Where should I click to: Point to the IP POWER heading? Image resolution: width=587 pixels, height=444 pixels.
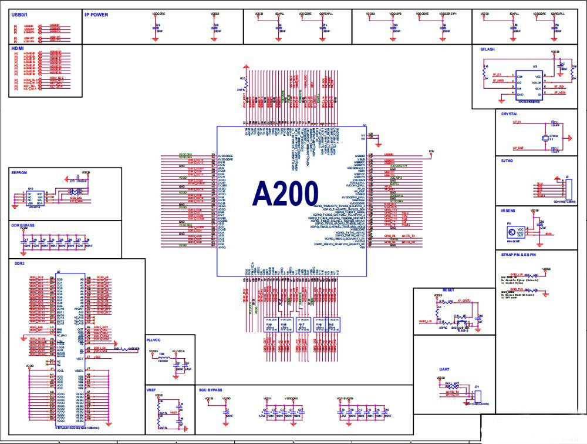[x=96, y=15]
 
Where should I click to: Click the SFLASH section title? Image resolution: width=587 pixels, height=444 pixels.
[x=487, y=50]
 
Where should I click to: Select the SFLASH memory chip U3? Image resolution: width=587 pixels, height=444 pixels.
[x=529, y=83]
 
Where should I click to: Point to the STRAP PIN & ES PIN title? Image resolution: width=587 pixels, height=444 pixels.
[x=518, y=255]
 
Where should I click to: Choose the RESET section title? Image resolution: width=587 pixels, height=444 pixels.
[x=448, y=290]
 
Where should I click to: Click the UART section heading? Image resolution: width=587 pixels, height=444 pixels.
[x=444, y=369]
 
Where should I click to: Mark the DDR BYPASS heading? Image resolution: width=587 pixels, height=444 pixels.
[x=22, y=225]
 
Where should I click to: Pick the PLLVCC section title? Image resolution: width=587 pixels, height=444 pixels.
[x=154, y=339]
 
